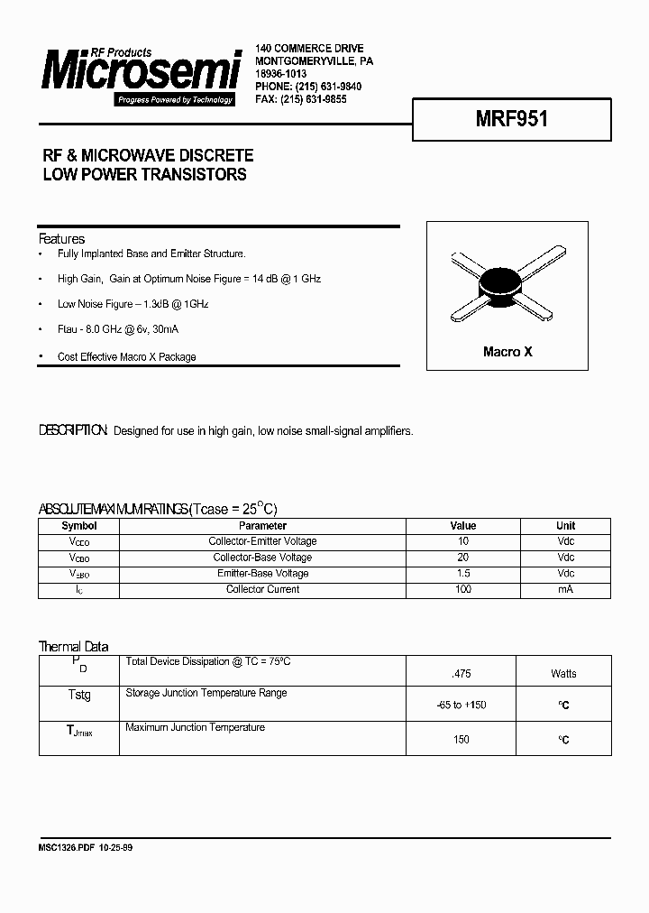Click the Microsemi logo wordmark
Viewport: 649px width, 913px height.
(140, 73)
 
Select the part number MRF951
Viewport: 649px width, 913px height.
(511, 119)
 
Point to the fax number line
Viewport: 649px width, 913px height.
(301, 99)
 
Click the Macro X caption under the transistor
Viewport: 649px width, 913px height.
(507, 352)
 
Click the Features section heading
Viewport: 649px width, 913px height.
(61, 239)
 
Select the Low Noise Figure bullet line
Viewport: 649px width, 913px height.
(133, 305)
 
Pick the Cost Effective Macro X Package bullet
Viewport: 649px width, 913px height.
(126, 357)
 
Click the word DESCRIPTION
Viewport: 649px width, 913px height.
(74, 431)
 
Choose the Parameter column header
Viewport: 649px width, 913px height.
(262, 526)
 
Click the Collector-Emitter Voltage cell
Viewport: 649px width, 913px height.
(262, 541)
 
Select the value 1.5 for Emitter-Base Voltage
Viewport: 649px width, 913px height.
(462, 574)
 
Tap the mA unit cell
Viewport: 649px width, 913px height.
(565, 590)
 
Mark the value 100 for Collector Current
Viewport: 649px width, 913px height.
(462, 590)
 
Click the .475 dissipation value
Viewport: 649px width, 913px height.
(462, 674)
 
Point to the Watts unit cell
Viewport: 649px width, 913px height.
(564, 674)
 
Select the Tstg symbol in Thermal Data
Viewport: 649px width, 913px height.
(79, 696)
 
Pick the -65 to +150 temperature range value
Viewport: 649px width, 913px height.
(462, 705)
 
